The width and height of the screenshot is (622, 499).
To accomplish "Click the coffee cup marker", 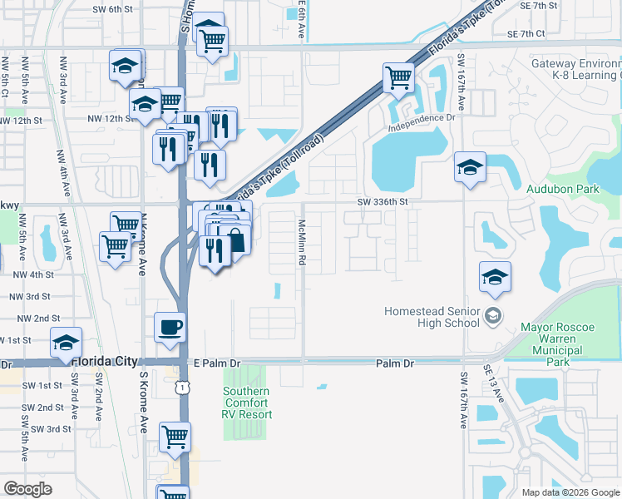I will [x=170, y=326].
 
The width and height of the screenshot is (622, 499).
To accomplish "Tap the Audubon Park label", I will [x=562, y=189].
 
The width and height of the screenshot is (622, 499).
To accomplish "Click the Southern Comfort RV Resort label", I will [x=246, y=403].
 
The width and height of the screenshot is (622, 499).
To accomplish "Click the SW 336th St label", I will [x=383, y=200].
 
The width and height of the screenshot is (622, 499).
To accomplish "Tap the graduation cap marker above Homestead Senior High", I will [x=495, y=277].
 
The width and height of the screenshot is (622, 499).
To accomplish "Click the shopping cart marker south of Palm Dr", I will [x=175, y=436].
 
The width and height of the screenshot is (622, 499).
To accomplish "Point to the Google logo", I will [x=27, y=488].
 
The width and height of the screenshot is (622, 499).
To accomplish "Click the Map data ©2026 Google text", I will [x=570, y=492].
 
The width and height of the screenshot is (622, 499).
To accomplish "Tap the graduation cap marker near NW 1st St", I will [x=66, y=342].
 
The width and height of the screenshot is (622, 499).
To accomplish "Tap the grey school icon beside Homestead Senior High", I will [x=494, y=314].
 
